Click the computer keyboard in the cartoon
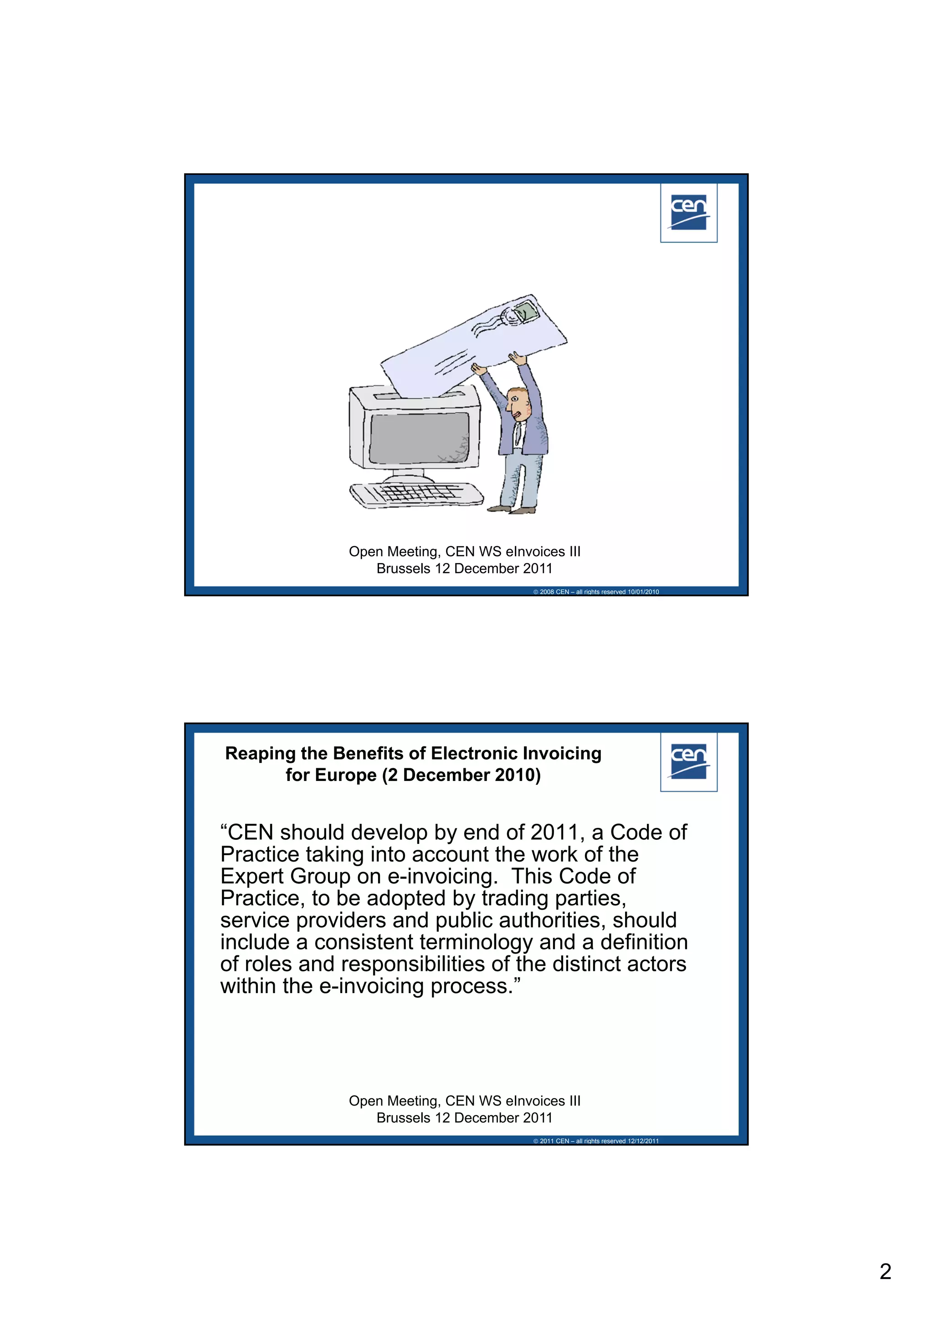click(416, 495)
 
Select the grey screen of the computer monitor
click(419, 438)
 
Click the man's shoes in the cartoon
click(512, 509)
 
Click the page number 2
click(885, 1271)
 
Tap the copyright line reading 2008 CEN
click(596, 592)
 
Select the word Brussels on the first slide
click(403, 569)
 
